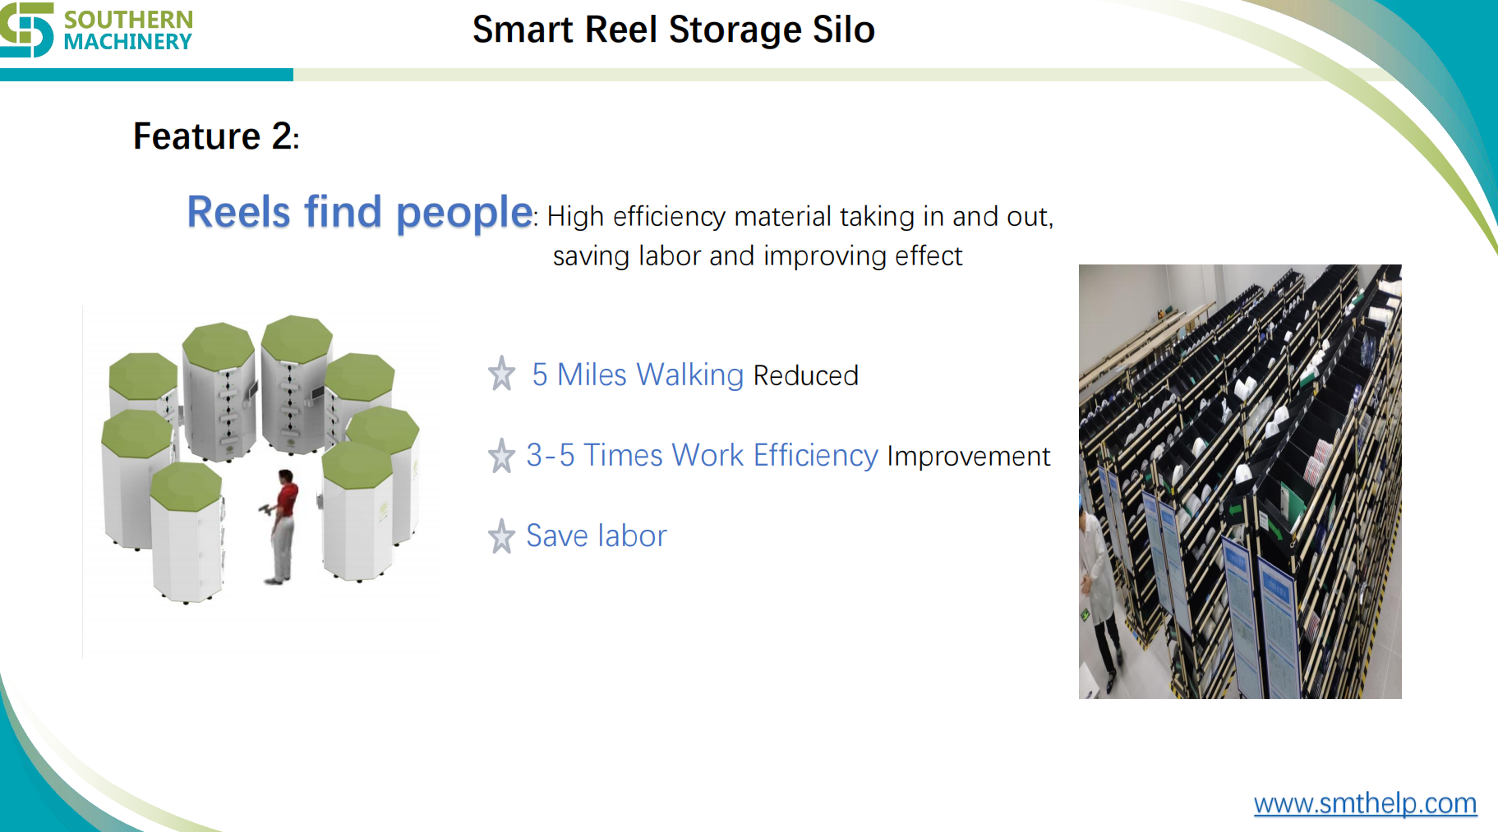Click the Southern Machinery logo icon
(x=26, y=30)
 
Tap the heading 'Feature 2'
(x=215, y=136)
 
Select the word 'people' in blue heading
(x=464, y=213)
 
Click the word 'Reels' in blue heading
(x=238, y=213)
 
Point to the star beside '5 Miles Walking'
(x=501, y=375)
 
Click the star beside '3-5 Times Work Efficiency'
(x=501, y=456)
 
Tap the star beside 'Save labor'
(x=501, y=536)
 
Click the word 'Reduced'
(x=805, y=376)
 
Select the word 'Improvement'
(x=968, y=457)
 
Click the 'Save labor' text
(x=597, y=536)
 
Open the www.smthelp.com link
(x=1365, y=803)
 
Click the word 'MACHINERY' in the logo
(x=127, y=42)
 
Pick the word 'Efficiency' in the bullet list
(x=815, y=456)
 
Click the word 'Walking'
(x=689, y=375)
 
